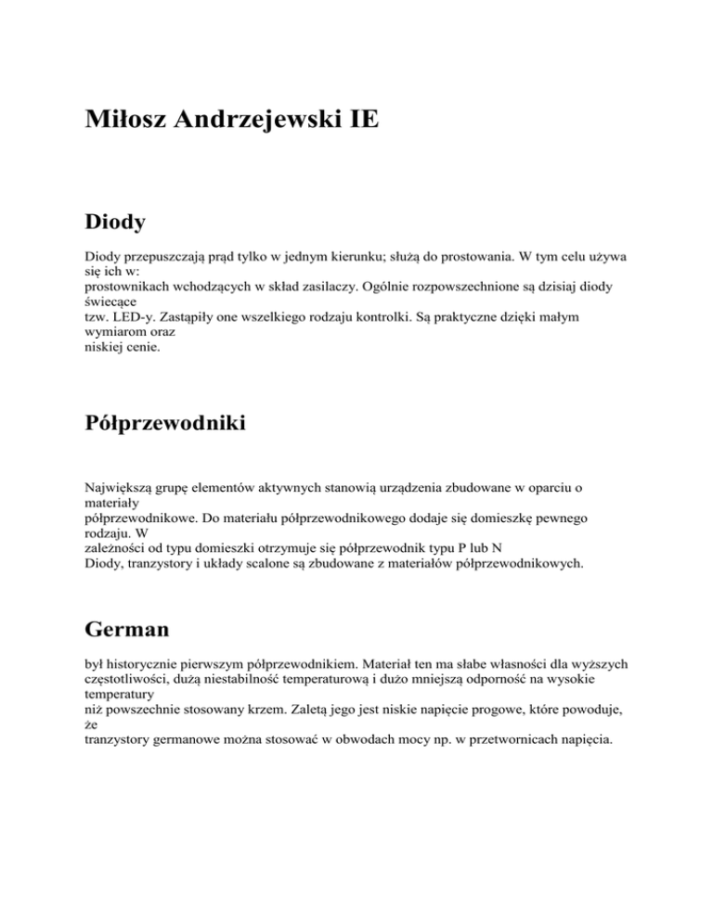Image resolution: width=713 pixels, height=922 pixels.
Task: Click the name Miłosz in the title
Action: point(126,121)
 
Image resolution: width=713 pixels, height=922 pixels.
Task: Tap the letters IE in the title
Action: point(363,121)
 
